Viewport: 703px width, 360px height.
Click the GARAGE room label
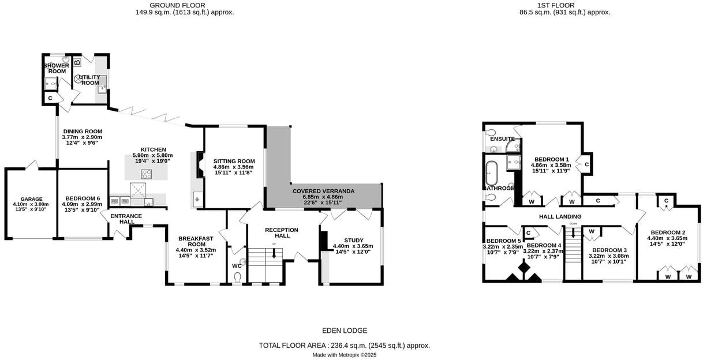31,199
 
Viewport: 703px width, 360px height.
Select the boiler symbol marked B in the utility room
77,62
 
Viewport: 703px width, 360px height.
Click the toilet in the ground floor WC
237,277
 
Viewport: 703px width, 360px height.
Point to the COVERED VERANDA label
323,191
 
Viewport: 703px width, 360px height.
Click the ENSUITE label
502,139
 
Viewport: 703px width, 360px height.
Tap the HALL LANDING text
560,217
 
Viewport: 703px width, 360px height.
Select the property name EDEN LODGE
345,331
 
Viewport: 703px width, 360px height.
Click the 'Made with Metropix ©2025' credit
345,355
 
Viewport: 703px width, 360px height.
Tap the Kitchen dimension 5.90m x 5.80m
153,156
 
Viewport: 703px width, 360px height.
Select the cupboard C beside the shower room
50,99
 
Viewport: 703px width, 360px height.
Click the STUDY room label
353,240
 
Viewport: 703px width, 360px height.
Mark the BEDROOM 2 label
664,232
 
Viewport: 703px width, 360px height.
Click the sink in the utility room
102,88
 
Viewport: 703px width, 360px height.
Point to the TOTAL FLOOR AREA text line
345,346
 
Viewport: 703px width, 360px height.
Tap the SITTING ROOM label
234,162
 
